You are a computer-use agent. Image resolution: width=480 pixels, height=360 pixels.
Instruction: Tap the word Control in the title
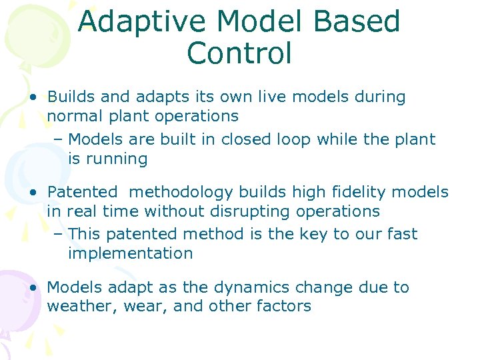point(239,53)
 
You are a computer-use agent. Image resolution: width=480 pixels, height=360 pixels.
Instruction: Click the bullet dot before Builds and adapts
point(33,97)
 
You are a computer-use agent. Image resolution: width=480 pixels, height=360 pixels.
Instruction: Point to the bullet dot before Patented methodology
point(33,193)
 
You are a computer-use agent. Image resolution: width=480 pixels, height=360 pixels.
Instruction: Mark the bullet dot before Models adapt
point(33,288)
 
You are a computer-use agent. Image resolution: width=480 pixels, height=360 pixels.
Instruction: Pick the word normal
point(73,116)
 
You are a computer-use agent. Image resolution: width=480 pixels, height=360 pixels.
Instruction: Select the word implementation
point(130,253)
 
